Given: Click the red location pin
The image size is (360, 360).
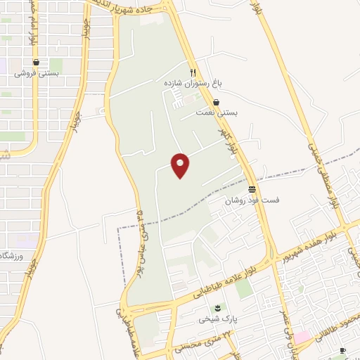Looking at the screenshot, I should pos(181,165).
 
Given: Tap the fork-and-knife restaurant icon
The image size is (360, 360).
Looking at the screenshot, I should pos(193,72).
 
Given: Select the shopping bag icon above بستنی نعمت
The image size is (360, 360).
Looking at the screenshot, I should pos(225,103).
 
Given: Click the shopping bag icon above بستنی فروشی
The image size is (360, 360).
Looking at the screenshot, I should pos(35,63).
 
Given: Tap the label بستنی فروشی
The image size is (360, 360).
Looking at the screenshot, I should pos(36,73).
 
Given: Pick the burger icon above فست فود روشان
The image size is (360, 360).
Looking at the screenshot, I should pos(252,189).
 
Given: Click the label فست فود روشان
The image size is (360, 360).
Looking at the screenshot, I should pos(252,200).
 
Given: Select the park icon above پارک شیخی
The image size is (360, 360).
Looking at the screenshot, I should pos(217,308).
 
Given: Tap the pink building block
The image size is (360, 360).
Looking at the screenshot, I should pos(302,337).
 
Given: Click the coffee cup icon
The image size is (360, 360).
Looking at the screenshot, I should pos(342,350).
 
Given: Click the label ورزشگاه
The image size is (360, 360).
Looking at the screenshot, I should pos(14,255).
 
